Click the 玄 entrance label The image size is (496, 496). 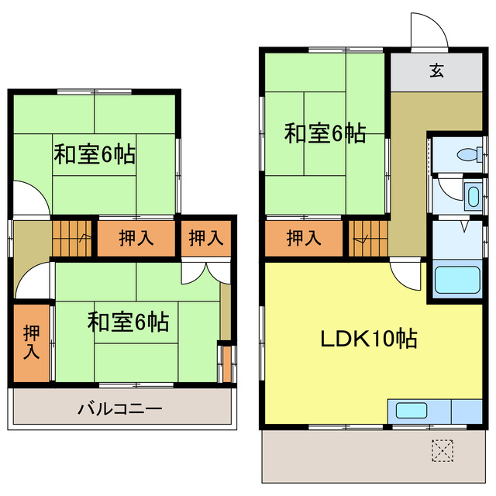coord(436,71)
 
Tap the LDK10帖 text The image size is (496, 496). coord(370,339)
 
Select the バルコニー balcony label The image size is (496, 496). coord(120,408)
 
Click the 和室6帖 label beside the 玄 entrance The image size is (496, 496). coord(325,133)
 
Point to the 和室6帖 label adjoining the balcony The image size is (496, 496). coord(129,321)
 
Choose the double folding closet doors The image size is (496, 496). coord(204,270)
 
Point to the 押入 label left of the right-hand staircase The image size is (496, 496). coord(303,239)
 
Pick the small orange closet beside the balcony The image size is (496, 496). coord(226,363)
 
